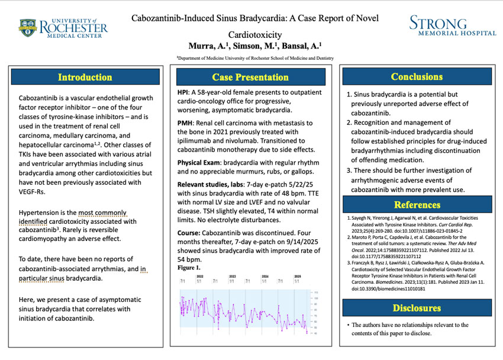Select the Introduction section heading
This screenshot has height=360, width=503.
(x=85, y=78)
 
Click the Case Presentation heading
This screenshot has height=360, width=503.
(x=250, y=78)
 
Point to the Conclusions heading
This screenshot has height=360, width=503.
(x=417, y=77)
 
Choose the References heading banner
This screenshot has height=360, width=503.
(x=417, y=205)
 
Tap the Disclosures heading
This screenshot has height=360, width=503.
(x=417, y=308)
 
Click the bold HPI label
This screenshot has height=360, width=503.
(x=183, y=92)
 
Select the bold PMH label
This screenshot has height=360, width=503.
(x=185, y=123)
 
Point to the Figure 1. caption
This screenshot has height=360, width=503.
(x=189, y=268)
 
